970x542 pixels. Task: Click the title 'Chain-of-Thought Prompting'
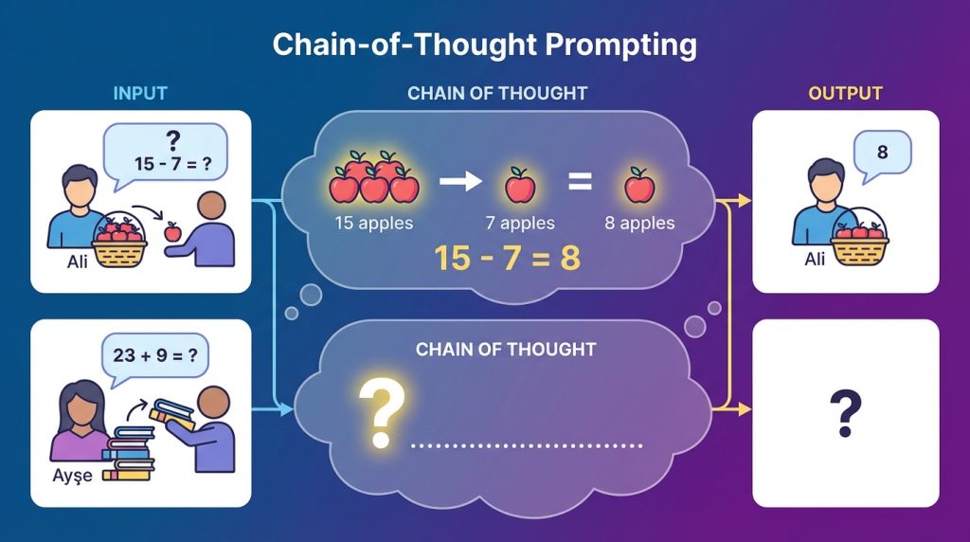[484, 45]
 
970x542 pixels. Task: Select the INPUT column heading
[140, 94]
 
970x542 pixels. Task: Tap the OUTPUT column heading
[845, 94]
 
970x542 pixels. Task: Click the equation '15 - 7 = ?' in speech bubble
[172, 163]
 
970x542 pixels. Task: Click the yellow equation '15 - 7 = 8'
[507, 258]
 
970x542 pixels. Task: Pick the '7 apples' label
[520, 224]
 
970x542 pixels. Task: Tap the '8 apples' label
[639, 224]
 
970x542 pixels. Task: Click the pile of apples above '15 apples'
[373, 177]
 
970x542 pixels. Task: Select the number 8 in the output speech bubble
[882, 153]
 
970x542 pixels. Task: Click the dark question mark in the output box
[845, 415]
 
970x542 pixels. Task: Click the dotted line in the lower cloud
[526, 445]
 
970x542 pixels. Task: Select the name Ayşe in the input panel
[73, 475]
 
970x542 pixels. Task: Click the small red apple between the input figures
[172, 231]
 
